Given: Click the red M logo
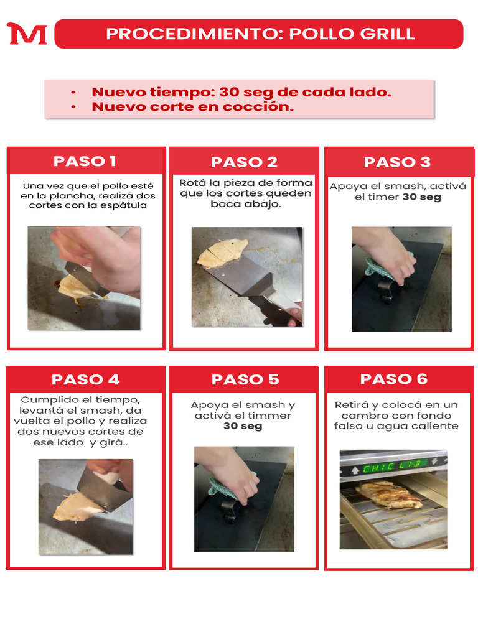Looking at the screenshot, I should pyautogui.click(x=27, y=34).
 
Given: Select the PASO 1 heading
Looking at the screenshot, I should pyautogui.click(x=85, y=161).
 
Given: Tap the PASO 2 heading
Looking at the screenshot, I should pyautogui.click(x=244, y=162).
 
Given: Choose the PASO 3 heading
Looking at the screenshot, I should pyautogui.click(x=397, y=162).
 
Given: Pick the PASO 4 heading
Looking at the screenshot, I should pyautogui.click(x=85, y=379).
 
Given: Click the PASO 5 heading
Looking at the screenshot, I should pyautogui.click(x=245, y=379).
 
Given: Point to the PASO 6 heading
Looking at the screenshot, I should pyautogui.click(x=394, y=379).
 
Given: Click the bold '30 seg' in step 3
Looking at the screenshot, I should pyautogui.click(x=421, y=197).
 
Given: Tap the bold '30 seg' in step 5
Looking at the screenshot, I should pyautogui.click(x=243, y=426).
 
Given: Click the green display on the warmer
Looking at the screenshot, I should pyautogui.click(x=393, y=465).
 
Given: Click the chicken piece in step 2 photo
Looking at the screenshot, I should pyautogui.click(x=221, y=254).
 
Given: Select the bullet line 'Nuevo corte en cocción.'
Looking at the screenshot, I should pyautogui.click(x=193, y=107).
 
